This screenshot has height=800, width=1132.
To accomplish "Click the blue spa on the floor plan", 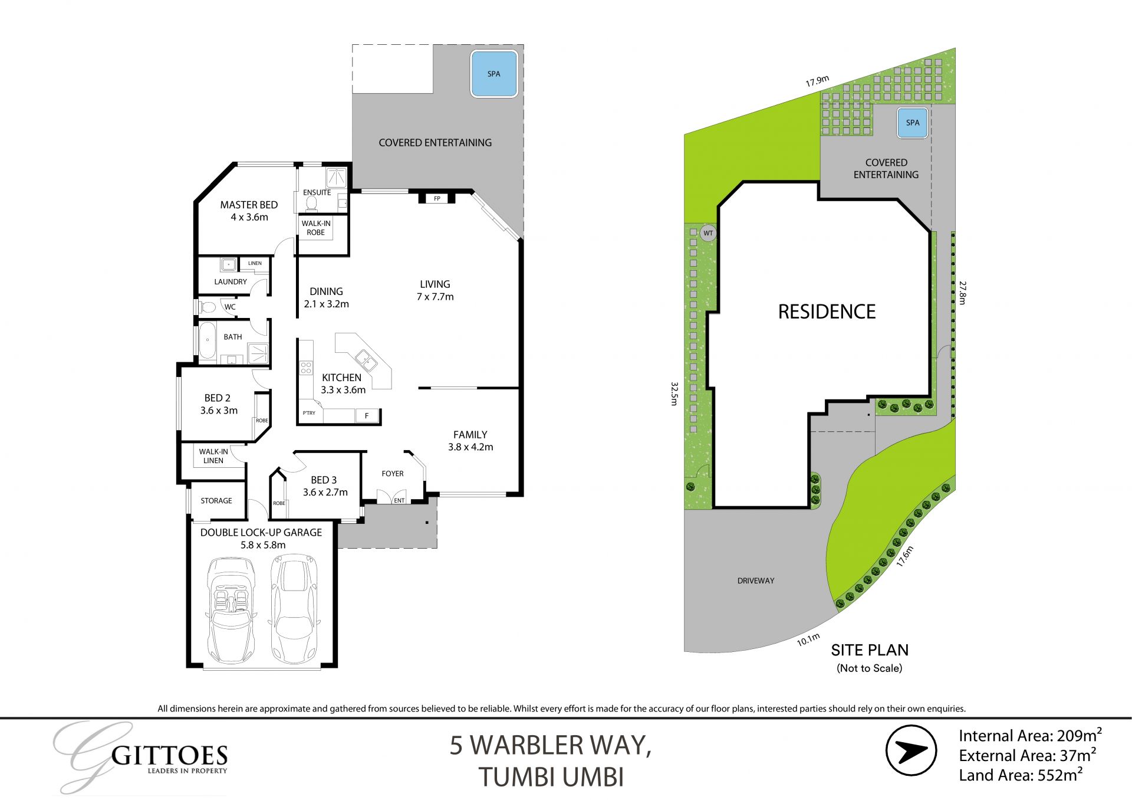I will pyautogui.click(x=493, y=74).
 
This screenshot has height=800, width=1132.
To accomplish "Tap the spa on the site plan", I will pyautogui.click(x=912, y=123).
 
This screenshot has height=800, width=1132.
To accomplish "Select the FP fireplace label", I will pyautogui.click(x=437, y=198).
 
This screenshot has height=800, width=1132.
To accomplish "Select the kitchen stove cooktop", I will pyautogui.click(x=306, y=368).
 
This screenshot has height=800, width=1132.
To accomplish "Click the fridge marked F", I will pyautogui.click(x=366, y=416).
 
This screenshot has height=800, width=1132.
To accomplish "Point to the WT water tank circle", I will pyautogui.click(x=708, y=233).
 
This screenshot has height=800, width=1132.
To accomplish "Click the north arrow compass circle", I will pyautogui.click(x=911, y=750).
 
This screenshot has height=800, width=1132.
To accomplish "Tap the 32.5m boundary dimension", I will pyautogui.click(x=674, y=394).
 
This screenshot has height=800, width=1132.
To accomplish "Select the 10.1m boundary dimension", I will pyautogui.click(x=808, y=640).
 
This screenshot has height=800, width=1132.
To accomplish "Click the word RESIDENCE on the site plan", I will pyautogui.click(x=827, y=312).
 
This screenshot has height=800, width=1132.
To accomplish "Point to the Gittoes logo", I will pyautogui.click(x=141, y=758).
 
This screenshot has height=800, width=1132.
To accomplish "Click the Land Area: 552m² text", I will pyautogui.click(x=1020, y=775).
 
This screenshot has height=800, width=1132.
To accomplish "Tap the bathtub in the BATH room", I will pyautogui.click(x=207, y=341).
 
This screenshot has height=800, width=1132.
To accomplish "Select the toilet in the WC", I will pyautogui.click(x=208, y=307).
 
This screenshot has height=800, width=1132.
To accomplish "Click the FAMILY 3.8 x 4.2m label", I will pyautogui.click(x=470, y=441).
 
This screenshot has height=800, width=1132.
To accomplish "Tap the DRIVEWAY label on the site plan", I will pyautogui.click(x=755, y=581).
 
